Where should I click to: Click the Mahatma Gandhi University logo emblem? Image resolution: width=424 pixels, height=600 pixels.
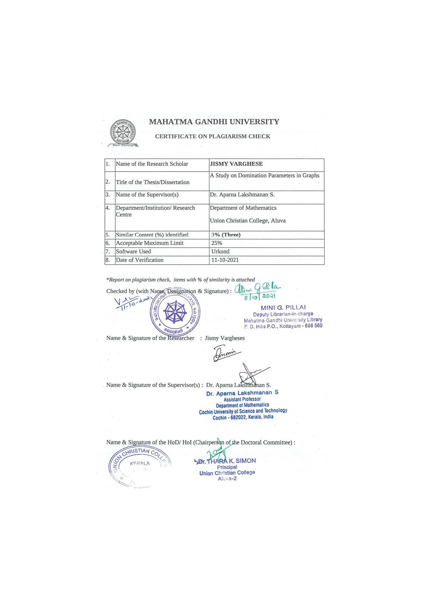pyautogui.click(x=123, y=132)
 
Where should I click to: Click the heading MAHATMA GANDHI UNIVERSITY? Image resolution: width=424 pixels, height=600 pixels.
pyautogui.click(x=214, y=122)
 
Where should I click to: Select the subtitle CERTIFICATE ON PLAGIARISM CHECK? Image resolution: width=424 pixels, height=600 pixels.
pyautogui.click(x=213, y=136)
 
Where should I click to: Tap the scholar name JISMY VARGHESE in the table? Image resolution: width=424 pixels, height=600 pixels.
pyautogui.click(x=236, y=164)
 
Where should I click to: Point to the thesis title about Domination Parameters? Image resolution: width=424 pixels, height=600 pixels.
pyautogui.click(x=264, y=176)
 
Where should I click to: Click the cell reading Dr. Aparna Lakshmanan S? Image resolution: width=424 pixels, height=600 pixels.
pyautogui.click(x=242, y=195)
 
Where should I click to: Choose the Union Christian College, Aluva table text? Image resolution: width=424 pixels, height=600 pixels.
pyautogui.click(x=247, y=221)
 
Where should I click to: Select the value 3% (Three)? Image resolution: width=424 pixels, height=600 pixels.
pyautogui.click(x=226, y=235)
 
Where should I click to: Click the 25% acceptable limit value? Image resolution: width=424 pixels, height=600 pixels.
pyautogui.click(x=217, y=243)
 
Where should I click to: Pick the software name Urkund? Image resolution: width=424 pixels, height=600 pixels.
pyautogui.click(x=220, y=252)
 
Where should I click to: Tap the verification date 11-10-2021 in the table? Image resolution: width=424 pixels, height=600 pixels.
pyautogui.click(x=225, y=260)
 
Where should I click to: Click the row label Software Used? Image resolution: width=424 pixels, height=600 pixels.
pyautogui.click(x=133, y=252)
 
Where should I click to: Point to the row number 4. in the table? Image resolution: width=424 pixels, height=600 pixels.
pyautogui.click(x=108, y=208)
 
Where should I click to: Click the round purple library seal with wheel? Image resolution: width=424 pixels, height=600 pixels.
pyautogui.click(x=175, y=312)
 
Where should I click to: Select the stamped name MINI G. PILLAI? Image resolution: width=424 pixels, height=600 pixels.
pyautogui.click(x=283, y=308)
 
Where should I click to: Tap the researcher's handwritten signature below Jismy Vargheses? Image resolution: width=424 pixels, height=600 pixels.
pyautogui.click(x=226, y=353)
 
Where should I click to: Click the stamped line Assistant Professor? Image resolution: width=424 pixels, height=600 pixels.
pyautogui.click(x=242, y=399)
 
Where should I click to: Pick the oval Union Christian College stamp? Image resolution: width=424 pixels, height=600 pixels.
pyautogui.click(x=139, y=466)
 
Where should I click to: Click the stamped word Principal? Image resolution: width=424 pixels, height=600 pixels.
pyautogui.click(x=227, y=467)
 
